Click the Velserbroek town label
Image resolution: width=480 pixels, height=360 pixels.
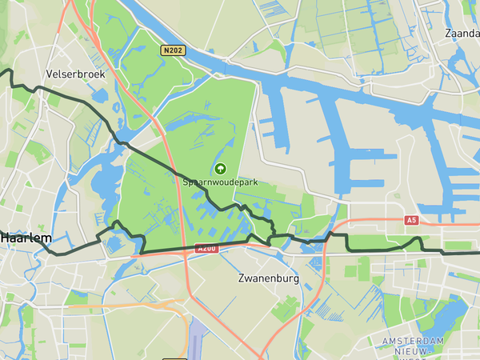click(x=76, y=73)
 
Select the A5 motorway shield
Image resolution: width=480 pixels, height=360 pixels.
click(x=411, y=219)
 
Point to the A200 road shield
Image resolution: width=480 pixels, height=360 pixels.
click(x=206, y=249)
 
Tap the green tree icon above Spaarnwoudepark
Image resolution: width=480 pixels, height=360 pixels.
click(x=220, y=168)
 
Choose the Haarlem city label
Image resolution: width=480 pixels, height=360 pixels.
click(x=26, y=238)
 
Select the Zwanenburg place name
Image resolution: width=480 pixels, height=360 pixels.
click(x=268, y=279)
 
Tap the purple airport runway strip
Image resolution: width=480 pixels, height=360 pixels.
click(x=197, y=336)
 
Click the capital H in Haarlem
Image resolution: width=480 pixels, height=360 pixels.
click(x=6, y=238)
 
